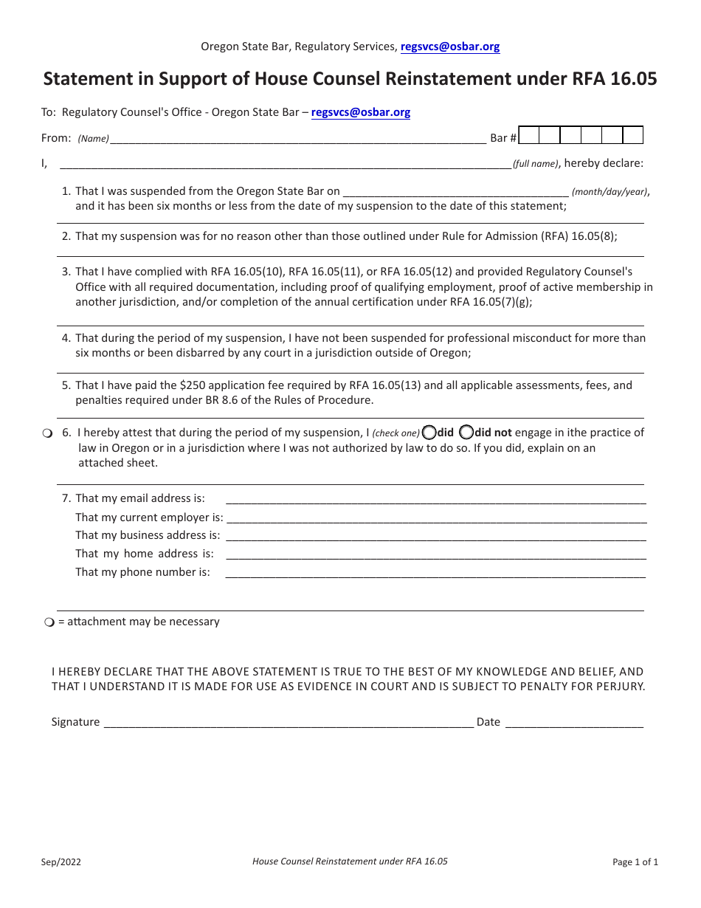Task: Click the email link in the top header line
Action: click(449, 47)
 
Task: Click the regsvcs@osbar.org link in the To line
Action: click(361, 112)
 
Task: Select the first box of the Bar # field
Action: click(529, 135)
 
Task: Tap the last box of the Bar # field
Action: click(632, 135)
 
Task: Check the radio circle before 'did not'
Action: click(466, 432)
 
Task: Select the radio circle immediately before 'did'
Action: click(429, 432)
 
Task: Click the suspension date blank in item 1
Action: click(455, 191)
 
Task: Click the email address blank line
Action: click(435, 498)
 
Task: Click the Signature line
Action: click(288, 722)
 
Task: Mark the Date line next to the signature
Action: click(573, 722)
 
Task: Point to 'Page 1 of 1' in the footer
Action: click(635, 861)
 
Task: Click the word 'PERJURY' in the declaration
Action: click(618, 687)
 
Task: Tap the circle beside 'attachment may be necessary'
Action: click(49, 622)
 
